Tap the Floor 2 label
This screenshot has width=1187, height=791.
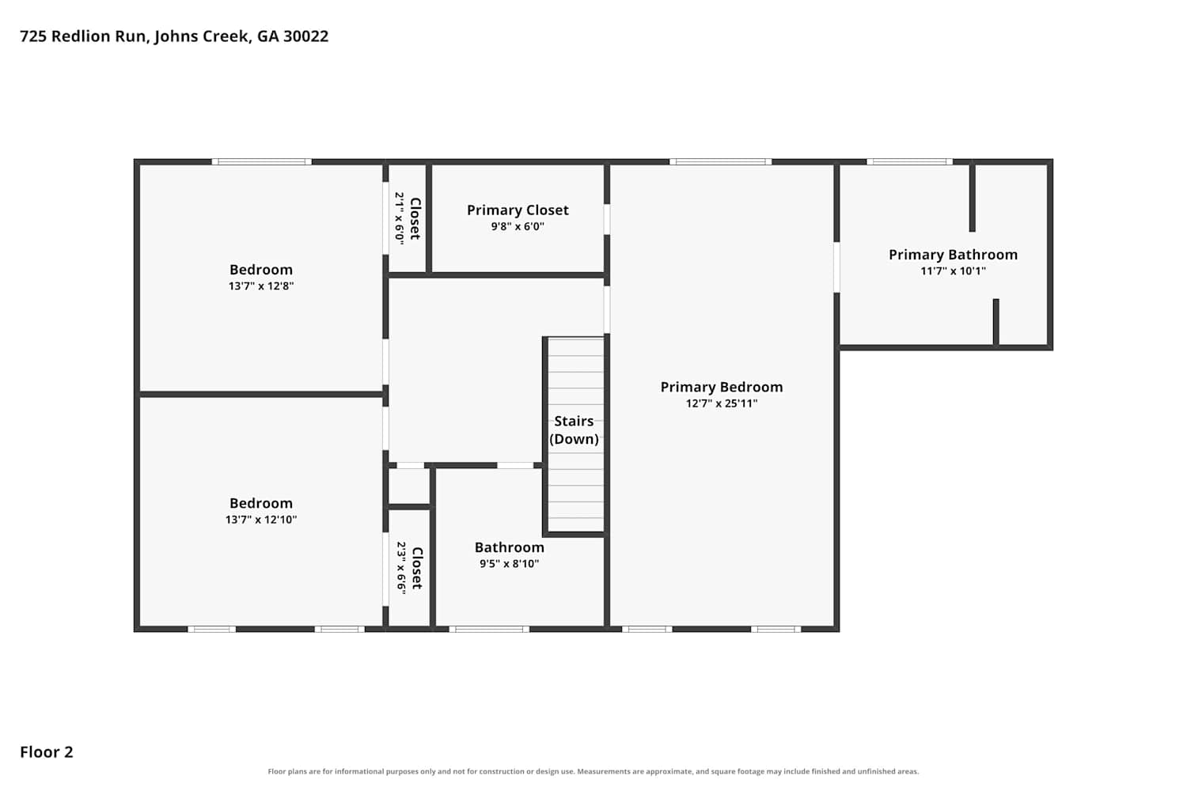(47, 751)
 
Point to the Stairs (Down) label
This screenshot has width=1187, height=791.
(574, 430)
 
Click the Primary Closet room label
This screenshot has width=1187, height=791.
(518, 210)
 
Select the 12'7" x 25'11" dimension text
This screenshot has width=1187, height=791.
(722, 403)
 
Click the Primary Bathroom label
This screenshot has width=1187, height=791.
(954, 255)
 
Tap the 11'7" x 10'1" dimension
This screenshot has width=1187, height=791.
(954, 271)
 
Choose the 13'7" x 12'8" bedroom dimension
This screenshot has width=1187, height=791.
(261, 286)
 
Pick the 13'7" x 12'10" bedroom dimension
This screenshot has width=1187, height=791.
(261, 520)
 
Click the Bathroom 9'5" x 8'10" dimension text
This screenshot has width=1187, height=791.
(510, 564)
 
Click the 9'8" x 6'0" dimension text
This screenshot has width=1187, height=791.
(518, 227)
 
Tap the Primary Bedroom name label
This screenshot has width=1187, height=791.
(722, 388)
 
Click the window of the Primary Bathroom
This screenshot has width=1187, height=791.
(909, 161)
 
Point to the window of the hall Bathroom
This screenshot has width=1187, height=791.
(489, 630)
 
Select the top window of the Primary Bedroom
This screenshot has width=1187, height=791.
(721, 161)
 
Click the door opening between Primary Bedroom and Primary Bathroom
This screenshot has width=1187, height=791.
(836, 267)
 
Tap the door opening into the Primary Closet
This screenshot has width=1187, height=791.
(607, 219)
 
